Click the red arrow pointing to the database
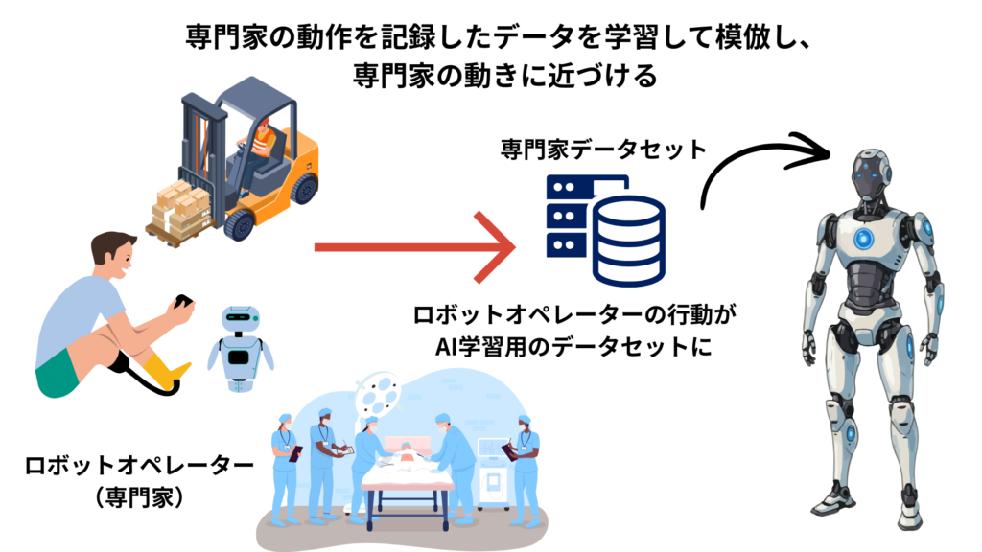[412, 248]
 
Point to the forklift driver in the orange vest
[261, 144]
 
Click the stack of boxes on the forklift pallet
[179, 207]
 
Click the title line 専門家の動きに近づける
[491, 76]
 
